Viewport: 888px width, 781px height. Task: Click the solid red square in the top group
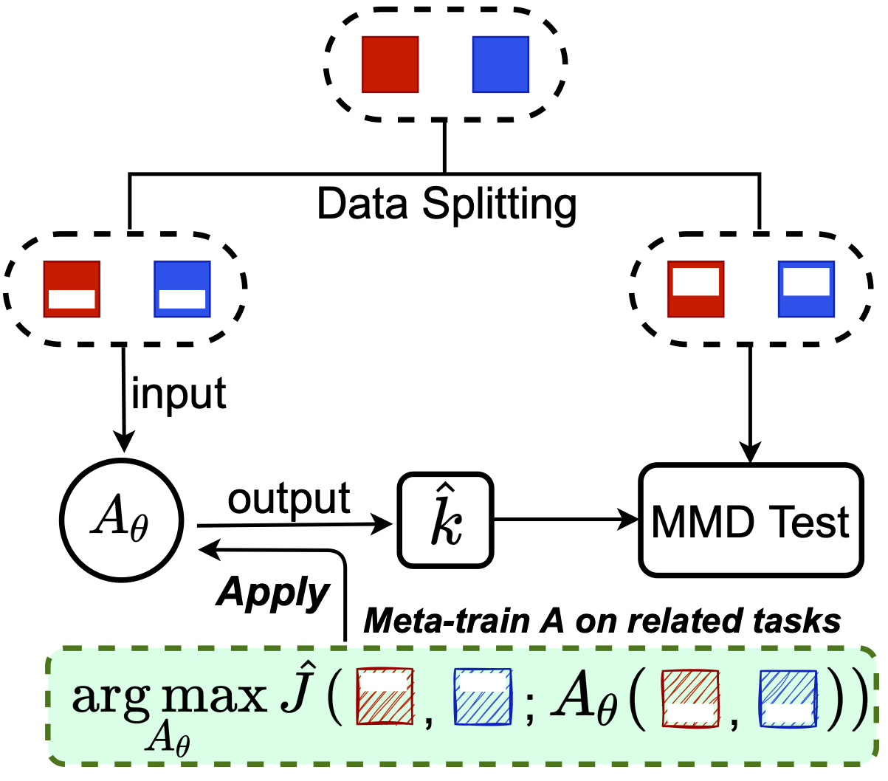coord(390,65)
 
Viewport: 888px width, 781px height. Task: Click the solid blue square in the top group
coord(500,65)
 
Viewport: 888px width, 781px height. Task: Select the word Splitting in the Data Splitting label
coord(499,204)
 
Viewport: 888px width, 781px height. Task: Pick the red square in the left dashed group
coord(72,289)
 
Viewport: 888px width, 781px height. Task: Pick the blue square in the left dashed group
coord(182,289)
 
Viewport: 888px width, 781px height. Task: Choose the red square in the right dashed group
coord(695,289)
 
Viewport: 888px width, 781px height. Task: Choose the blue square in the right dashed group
coord(806,289)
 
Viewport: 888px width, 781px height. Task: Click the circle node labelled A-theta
coord(121,520)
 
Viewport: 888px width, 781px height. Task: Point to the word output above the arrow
coord(289,500)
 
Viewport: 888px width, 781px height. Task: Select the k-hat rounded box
coord(445,520)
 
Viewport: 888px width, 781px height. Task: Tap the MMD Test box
coord(750,520)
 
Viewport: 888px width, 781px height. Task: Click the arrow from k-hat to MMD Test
coord(565,520)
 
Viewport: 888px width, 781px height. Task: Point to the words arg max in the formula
coord(169,695)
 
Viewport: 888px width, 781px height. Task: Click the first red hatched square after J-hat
coord(385,696)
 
